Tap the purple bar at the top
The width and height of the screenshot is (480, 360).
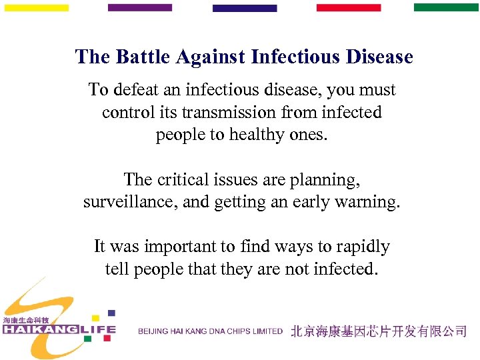click(139, 8)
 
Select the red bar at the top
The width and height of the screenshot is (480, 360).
click(348, 8)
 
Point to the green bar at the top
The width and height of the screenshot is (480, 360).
click(446, 7)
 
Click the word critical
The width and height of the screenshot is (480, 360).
click(181, 179)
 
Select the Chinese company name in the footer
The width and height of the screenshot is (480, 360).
click(379, 331)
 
